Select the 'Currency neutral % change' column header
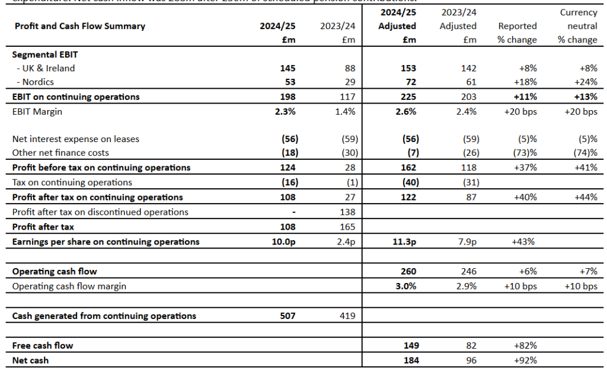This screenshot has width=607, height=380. pos(578,26)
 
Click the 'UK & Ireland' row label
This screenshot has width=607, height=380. pos(46,68)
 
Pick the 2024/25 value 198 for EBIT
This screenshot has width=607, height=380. pos(287,96)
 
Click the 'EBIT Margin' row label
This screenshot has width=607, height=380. pos(37,111)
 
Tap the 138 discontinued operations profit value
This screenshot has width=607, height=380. pos(347,212)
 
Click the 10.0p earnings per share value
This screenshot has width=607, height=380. pos(284,241)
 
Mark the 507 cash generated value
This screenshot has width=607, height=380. pos(287,315)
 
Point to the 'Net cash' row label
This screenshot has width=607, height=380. pos(31,360)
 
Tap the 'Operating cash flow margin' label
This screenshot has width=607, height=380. pos(69,286)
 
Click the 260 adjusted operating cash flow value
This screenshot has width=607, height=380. pos(408,271)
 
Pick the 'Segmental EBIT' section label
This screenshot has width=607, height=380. pos(45,54)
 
